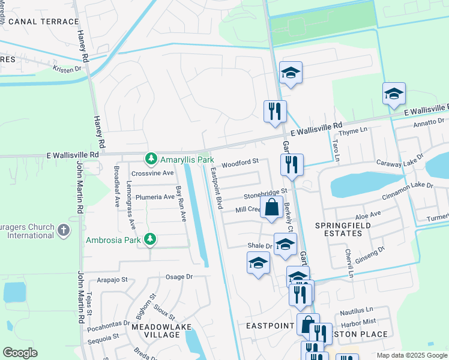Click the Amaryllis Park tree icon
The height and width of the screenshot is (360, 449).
tap(151, 159)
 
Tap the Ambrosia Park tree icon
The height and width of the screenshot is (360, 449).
tap(150, 240)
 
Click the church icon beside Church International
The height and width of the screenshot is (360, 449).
tap(64, 230)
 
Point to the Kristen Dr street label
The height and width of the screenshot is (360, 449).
tap(67, 70)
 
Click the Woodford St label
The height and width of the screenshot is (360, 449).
tap(240, 162)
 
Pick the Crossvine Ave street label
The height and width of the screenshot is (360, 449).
tap(152, 173)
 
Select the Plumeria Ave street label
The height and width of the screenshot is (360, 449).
tap(154, 197)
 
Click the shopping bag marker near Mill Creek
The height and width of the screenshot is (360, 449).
tap(272, 208)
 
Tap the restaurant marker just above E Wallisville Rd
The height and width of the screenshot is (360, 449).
tap(275, 111)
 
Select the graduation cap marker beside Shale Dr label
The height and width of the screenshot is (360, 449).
tap(285, 244)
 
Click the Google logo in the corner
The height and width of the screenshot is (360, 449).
tap(20, 353)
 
